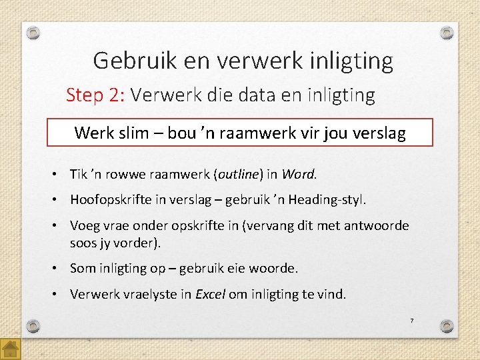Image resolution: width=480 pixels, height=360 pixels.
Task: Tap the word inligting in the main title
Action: pos(351,61)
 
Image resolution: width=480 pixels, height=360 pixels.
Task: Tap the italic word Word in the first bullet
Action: pos(297,175)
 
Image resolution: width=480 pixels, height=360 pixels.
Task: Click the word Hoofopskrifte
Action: pos(111,200)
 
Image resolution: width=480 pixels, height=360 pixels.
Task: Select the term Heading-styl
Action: pos(329,200)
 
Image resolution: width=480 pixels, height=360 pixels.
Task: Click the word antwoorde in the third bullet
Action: pos(377,226)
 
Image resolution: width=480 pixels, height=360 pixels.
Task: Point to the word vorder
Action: pos(140,243)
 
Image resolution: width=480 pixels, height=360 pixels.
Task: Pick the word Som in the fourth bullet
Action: pos(82,268)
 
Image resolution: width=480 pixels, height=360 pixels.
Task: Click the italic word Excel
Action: pos(210,294)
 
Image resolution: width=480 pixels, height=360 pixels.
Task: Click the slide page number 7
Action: pos(411,321)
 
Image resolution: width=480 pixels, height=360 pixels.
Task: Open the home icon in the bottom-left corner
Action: pos(11,349)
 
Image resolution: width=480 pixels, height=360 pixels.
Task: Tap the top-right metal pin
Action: pos(447,32)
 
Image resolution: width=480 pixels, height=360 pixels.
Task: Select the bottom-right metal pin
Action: pos(447,326)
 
